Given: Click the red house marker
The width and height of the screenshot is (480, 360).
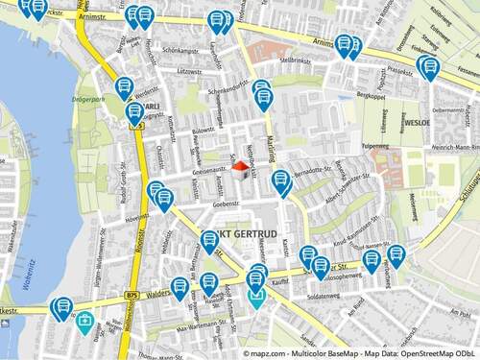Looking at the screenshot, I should click(240, 168).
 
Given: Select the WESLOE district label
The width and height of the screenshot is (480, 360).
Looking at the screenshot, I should click(418, 124).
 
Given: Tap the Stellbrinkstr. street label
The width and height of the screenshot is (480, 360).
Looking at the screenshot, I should click(296, 60).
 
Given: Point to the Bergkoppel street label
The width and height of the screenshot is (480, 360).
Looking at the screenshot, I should click(370, 97).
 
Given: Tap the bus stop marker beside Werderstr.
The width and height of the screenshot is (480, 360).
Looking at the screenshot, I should click(124, 88).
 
